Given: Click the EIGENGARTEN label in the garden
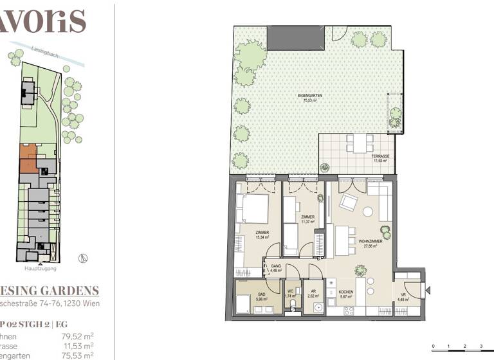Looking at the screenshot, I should tap(310, 98).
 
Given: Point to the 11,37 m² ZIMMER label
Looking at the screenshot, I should tap(307, 221).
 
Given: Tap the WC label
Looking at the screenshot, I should tap(291, 292).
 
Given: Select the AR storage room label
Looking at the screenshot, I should tap(314, 292).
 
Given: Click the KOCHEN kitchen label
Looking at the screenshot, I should tap(346, 292).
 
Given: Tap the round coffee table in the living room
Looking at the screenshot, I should tap(369, 212).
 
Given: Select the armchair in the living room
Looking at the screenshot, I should tap(348, 203).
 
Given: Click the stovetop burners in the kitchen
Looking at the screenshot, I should tap(349, 311).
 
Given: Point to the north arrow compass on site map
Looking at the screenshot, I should tap(82, 258).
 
